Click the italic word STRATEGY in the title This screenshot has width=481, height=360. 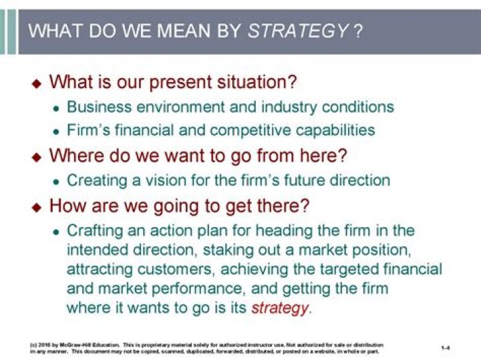pyautogui.click(x=298, y=31)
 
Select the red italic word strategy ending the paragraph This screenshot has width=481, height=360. pyautogui.click(x=280, y=309)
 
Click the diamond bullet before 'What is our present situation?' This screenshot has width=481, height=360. pyautogui.click(x=37, y=84)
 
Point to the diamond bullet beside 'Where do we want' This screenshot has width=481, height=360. pyautogui.click(x=37, y=157)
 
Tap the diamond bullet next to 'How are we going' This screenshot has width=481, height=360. pyautogui.click(x=37, y=206)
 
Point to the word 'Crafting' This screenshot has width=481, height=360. pyautogui.click(x=94, y=231)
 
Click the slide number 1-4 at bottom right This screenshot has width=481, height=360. pyautogui.click(x=446, y=348)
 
